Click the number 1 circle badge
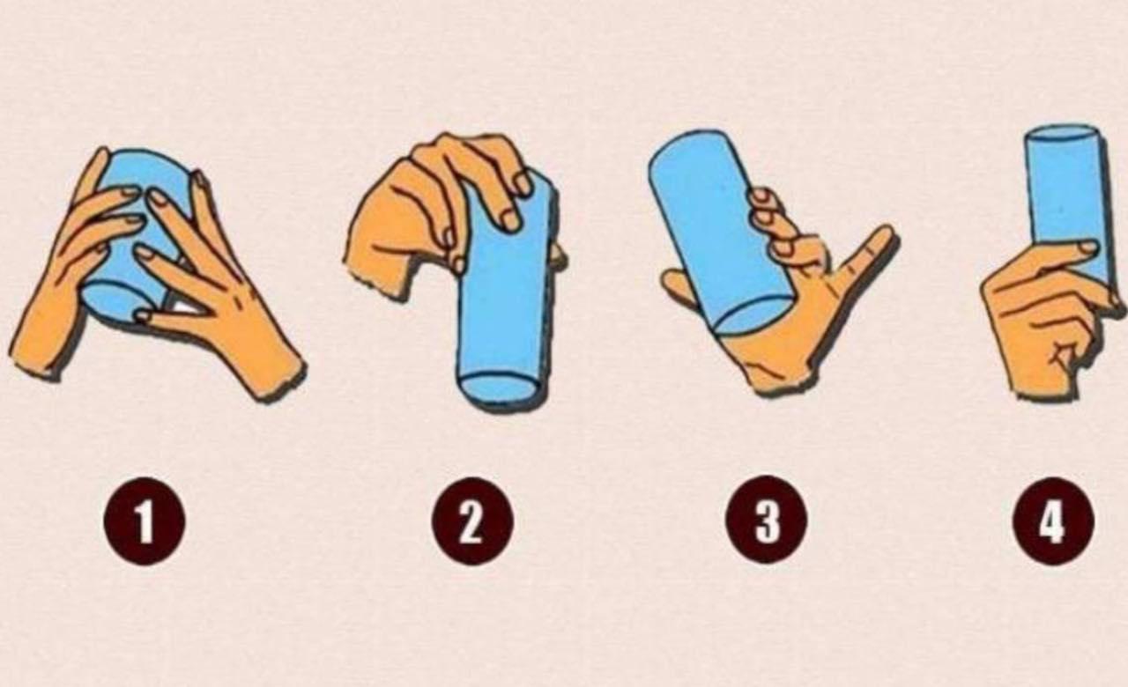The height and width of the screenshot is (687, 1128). click(x=145, y=520)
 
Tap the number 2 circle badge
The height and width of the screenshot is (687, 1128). click(x=472, y=520)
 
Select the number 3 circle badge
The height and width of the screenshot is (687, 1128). click(x=766, y=519)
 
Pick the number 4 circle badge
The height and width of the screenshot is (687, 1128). click(x=1053, y=520)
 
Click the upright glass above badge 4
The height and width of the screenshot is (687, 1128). click(x=1067, y=202)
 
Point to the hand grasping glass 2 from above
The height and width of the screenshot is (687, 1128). click(x=433, y=211)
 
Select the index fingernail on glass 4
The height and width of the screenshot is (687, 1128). click(x=1087, y=247)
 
